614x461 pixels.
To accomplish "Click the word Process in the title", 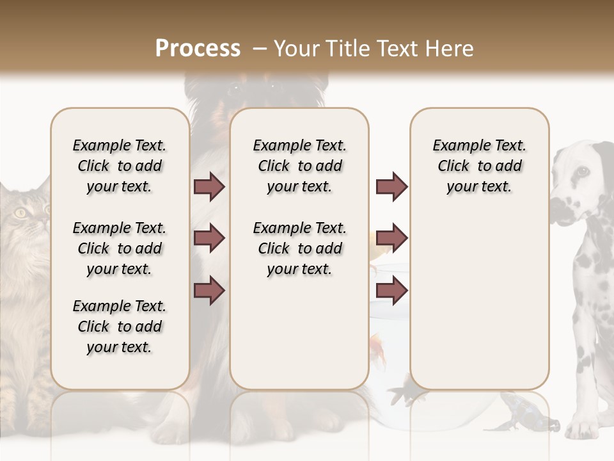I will click(x=198, y=49).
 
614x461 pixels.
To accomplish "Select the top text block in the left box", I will click(x=120, y=166).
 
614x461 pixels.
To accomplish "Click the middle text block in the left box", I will click(x=120, y=248).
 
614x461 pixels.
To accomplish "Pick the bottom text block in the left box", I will click(x=120, y=327).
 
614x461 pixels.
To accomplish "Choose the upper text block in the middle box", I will click(x=299, y=166).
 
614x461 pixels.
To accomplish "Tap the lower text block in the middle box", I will click(x=299, y=248).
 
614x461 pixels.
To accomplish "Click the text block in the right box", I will click(x=479, y=166).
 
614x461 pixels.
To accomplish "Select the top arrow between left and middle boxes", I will click(x=209, y=186).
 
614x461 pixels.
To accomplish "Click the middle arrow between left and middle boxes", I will click(x=209, y=238).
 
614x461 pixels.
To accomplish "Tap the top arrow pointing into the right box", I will click(x=391, y=186).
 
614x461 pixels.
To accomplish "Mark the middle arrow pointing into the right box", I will click(x=391, y=238).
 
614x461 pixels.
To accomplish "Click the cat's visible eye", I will click(x=21, y=213).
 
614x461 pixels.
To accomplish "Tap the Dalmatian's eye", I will click(x=582, y=171).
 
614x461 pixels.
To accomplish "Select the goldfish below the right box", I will click(x=407, y=390).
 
